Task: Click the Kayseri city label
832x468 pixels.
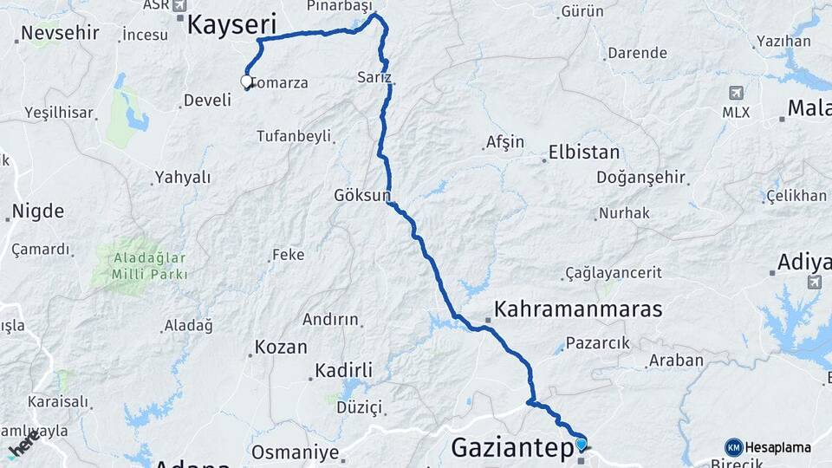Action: tap(232, 24)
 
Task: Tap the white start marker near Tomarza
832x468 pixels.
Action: tap(247, 83)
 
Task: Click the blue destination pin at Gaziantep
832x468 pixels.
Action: tap(581, 445)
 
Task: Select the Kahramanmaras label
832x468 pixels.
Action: tap(578, 309)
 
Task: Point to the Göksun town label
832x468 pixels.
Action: tap(362, 196)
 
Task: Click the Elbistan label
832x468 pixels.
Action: tap(584, 153)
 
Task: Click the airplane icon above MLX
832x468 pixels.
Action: tap(736, 93)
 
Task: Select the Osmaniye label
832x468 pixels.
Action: tap(295, 452)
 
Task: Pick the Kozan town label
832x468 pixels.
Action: tap(280, 348)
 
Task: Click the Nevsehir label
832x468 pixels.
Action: tap(60, 34)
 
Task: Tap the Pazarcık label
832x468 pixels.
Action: tap(597, 342)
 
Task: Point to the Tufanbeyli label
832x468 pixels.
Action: tap(294, 136)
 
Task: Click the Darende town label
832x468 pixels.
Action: tap(637, 53)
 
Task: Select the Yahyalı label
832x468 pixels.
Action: tap(182, 178)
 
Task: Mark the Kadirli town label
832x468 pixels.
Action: tap(342, 371)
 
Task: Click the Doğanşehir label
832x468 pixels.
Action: tap(640, 178)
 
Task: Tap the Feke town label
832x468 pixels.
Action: tap(288, 255)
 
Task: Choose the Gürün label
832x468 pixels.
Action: tap(582, 12)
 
